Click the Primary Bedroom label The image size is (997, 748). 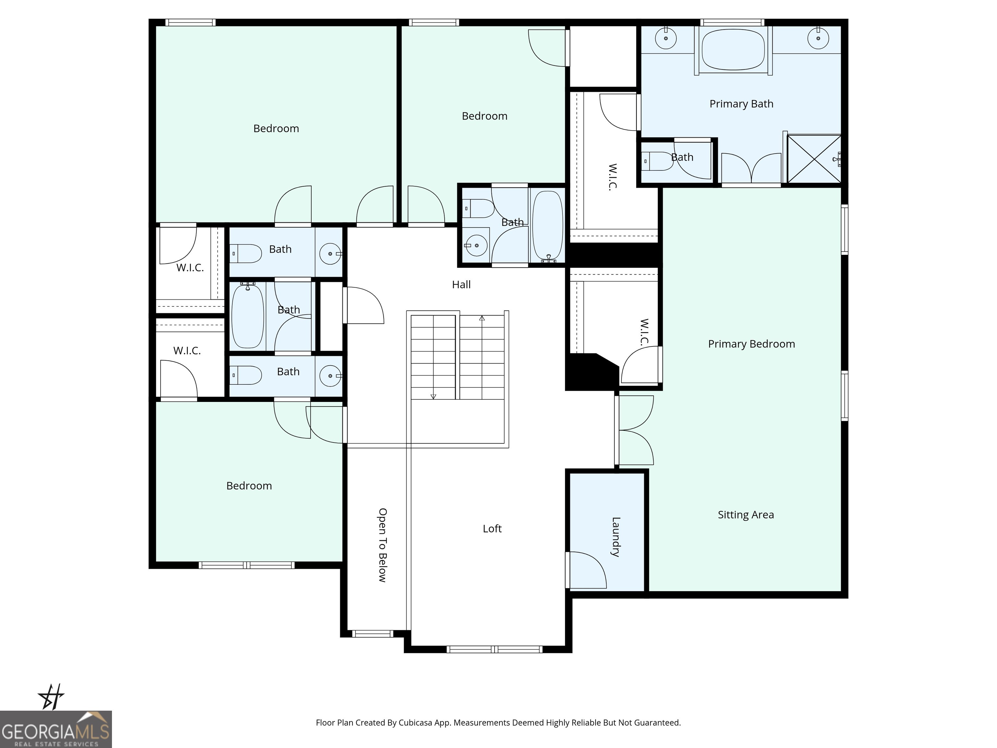point(751,344)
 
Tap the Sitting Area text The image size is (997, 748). point(745,515)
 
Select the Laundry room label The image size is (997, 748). point(616,537)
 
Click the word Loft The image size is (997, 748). point(492,529)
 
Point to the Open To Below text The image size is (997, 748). point(382,545)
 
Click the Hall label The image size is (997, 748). point(461,284)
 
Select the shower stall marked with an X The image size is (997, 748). point(814,159)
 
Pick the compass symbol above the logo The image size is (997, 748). point(51,697)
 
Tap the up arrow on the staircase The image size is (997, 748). point(482,318)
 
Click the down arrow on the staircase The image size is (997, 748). point(433,396)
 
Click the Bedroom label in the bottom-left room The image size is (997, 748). point(249,486)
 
